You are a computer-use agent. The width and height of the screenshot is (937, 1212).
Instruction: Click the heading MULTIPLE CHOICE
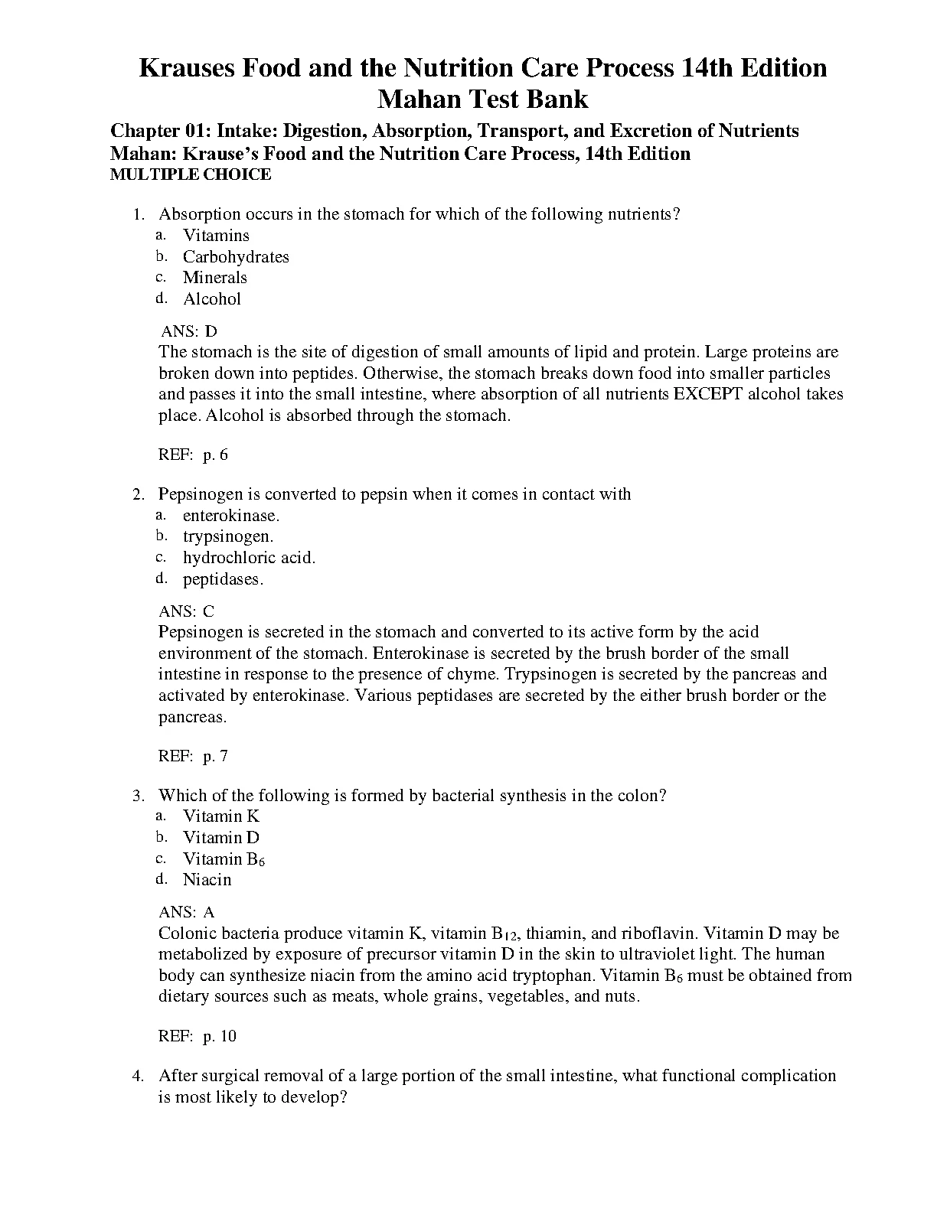coord(191,174)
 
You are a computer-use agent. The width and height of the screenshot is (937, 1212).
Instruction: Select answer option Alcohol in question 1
coord(212,299)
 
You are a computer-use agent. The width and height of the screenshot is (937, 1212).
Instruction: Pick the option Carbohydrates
coord(236,257)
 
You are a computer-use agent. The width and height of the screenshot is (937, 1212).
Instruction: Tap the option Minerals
coord(215,278)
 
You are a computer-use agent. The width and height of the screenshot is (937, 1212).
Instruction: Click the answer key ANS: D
coord(189,331)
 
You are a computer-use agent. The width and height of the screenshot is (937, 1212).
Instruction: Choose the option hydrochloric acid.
coord(249,558)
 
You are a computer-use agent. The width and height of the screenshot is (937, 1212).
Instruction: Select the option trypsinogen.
coord(228,536)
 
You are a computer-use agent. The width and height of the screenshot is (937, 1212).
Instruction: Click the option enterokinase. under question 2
coord(231,516)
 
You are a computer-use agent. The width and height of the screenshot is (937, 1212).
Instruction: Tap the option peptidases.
coord(223,579)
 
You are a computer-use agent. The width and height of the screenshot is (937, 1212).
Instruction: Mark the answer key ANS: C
coord(186,611)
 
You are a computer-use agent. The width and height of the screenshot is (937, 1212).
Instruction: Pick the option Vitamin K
coord(221,816)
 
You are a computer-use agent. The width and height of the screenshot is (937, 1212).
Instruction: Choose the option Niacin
coord(207,880)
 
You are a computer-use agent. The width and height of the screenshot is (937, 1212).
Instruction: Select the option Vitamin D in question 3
coord(221,838)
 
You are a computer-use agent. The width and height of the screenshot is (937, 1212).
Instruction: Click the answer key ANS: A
coord(186,912)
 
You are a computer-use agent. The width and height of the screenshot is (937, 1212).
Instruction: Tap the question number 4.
coord(138,1077)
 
